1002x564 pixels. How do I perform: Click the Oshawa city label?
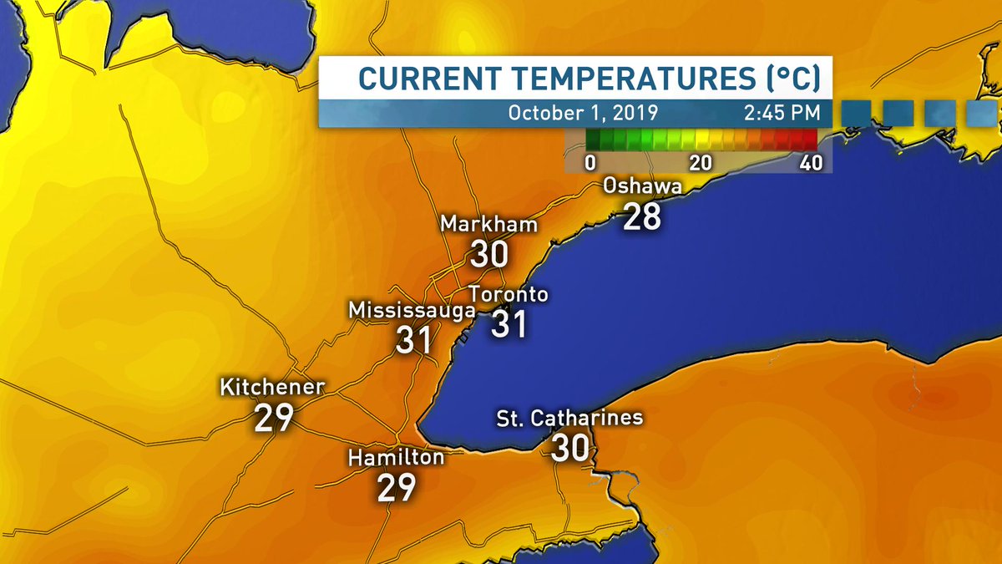click(x=643, y=186)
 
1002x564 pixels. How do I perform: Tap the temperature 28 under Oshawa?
click(x=642, y=216)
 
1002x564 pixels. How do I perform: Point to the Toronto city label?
click(x=509, y=294)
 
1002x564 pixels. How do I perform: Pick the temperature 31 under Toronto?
click(x=509, y=324)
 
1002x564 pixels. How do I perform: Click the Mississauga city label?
click(x=412, y=310)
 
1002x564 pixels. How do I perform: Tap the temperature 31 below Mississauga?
click(x=413, y=340)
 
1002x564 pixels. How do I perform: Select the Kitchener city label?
click(x=272, y=388)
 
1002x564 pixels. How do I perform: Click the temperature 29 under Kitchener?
click(x=273, y=418)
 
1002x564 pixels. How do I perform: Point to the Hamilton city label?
click(x=396, y=458)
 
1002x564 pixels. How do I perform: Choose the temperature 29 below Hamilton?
click(x=396, y=488)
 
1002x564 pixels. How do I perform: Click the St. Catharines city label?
click(x=570, y=417)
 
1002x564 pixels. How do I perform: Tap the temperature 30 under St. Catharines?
click(x=570, y=448)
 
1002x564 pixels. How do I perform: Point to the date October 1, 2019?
click(x=583, y=113)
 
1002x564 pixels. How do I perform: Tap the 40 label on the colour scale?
click(x=810, y=162)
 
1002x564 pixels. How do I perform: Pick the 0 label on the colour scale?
click(x=590, y=162)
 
